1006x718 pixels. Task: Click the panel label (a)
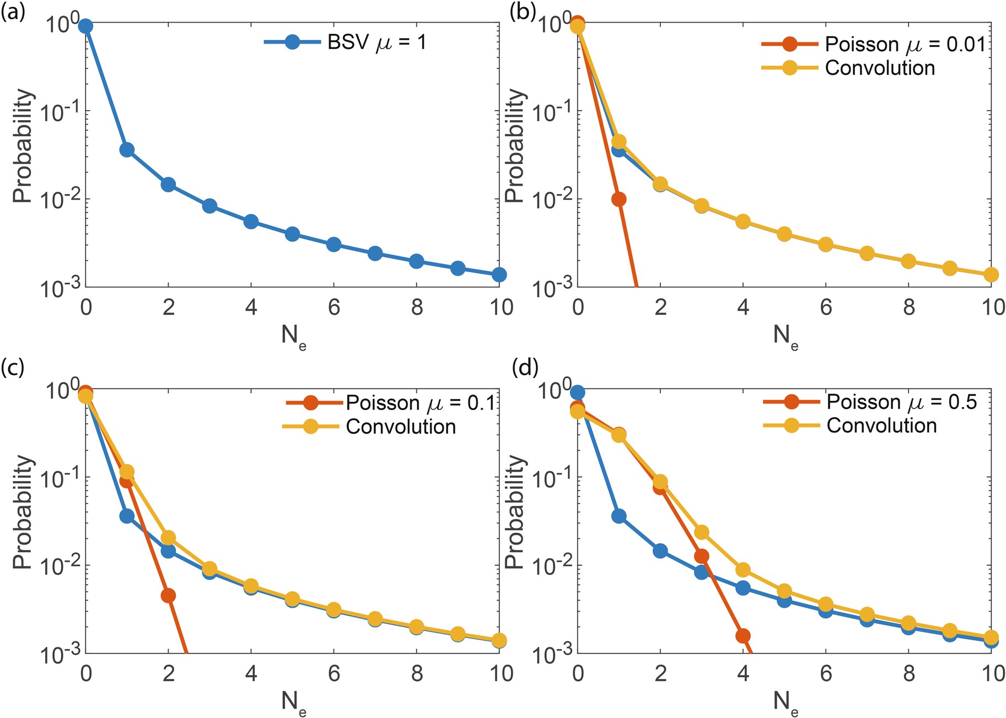pyautogui.click(x=13, y=12)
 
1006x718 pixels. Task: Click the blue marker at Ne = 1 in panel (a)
pyautogui.click(x=127, y=150)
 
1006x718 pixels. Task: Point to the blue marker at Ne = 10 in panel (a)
pyautogui.click(x=499, y=274)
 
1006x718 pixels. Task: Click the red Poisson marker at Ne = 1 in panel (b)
pyautogui.click(x=618, y=199)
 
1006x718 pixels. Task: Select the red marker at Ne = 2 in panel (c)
pyautogui.click(x=168, y=596)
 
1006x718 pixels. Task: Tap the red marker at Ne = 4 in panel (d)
pyautogui.click(x=743, y=636)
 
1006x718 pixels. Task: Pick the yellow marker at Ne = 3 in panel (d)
pyautogui.click(x=702, y=532)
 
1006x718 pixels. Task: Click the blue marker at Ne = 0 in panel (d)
pyautogui.click(x=577, y=392)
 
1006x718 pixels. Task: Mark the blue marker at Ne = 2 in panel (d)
pyautogui.click(x=660, y=551)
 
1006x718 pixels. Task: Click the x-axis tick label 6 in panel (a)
pyautogui.click(x=334, y=307)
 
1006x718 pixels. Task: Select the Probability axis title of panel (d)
pyautogui.click(x=513, y=512)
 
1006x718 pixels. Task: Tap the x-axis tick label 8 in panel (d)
pyautogui.click(x=908, y=673)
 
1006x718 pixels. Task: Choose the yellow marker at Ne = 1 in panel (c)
pyautogui.click(x=127, y=472)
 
